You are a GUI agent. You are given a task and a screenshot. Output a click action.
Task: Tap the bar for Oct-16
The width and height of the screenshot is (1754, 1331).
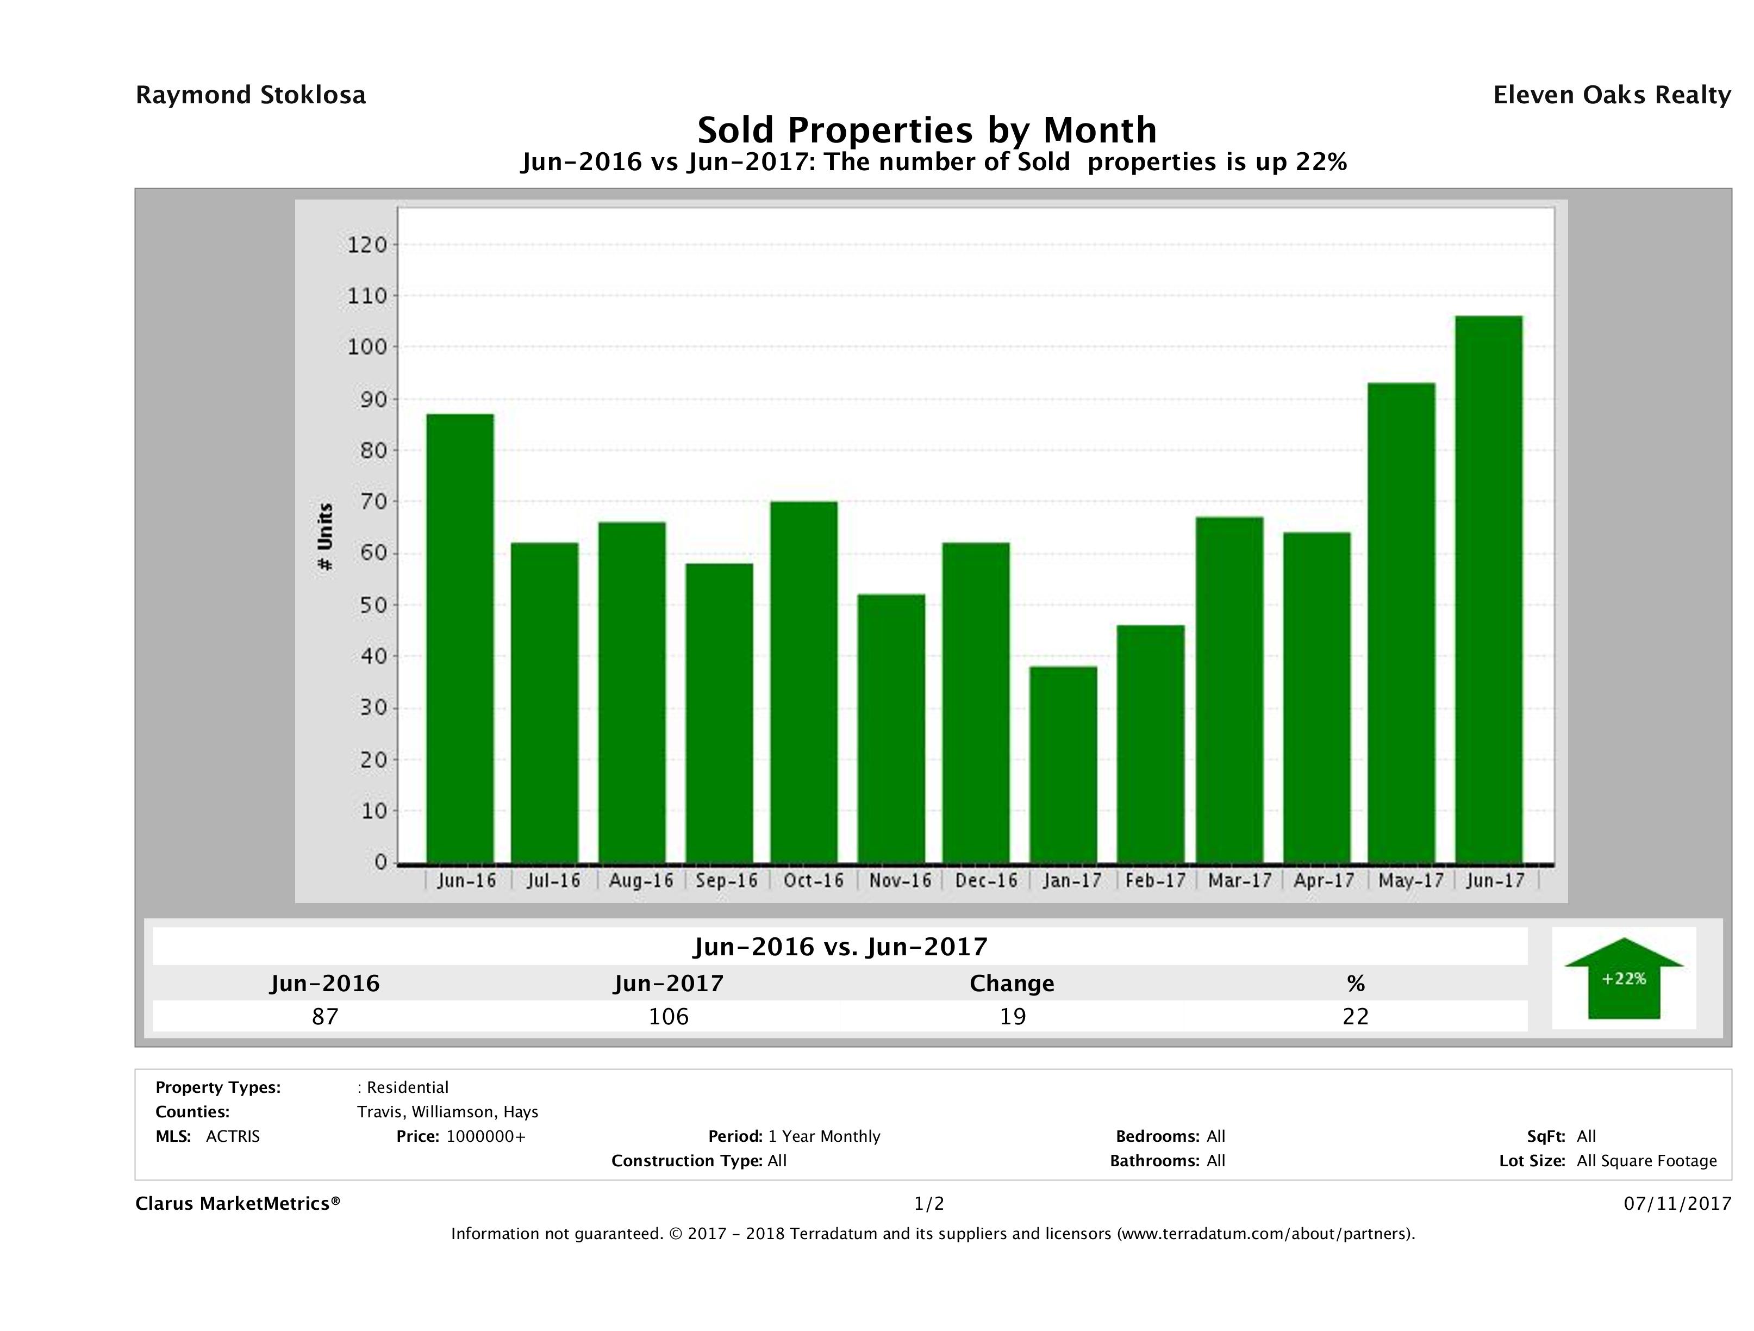tap(803, 682)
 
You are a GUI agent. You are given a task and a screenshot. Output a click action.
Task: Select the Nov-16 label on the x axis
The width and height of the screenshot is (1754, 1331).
tap(899, 880)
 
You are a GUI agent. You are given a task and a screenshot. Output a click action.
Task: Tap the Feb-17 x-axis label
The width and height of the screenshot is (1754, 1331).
tap(1154, 880)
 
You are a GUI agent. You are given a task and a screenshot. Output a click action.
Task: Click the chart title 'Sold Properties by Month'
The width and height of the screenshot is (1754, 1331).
tap(926, 130)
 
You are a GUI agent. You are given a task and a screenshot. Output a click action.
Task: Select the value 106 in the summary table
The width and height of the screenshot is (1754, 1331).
tap(669, 1016)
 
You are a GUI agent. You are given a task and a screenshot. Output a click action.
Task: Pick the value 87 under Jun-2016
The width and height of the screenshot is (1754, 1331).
tap(325, 1016)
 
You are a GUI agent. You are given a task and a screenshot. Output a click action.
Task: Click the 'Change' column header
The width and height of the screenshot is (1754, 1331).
tap(1012, 984)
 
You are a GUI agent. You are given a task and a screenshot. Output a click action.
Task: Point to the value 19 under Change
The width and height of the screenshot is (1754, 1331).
tap(1013, 1016)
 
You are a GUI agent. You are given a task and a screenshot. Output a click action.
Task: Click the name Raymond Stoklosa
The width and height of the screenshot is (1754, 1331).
tap(251, 95)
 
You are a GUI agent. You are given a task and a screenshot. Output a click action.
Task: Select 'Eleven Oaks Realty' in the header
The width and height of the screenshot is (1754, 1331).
tap(1611, 95)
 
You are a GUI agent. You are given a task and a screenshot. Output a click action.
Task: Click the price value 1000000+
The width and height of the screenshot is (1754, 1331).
tap(485, 1136)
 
